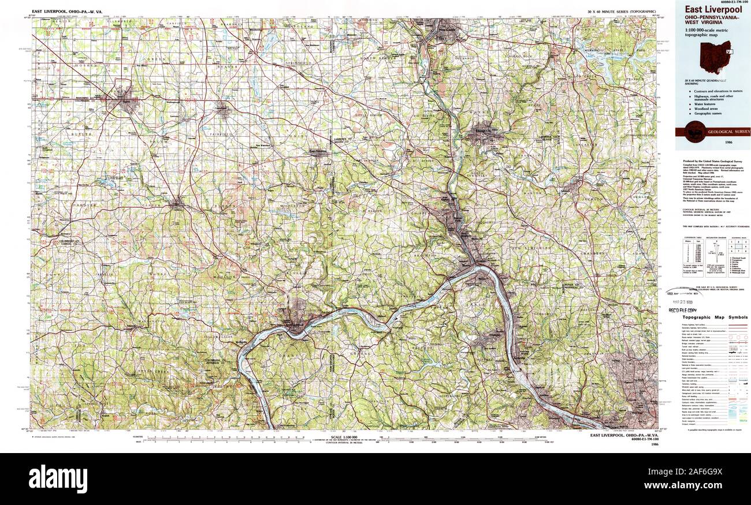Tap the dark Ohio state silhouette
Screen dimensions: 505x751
[x=715, y=57]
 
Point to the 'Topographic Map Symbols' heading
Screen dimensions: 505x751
[x=715, y=317]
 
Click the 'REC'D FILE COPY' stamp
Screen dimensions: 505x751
[x=683, y=311]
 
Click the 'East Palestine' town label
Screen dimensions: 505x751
[x=318, y=152]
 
